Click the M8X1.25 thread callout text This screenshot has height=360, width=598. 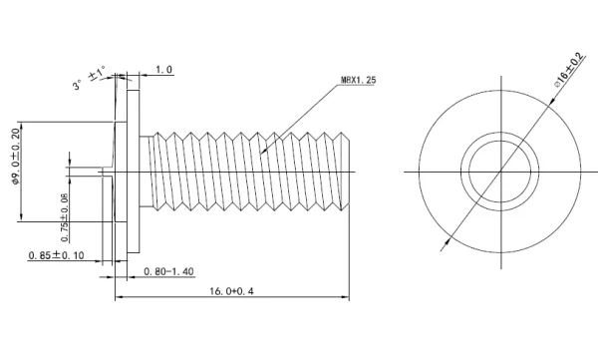point(358,80)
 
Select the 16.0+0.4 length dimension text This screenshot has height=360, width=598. point(231,291)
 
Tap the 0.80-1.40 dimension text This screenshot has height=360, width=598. point(169,271)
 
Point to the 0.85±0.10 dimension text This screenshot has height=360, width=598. point(57,255)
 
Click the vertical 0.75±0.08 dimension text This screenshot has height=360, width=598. point(65,217)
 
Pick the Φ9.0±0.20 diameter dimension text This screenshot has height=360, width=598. point(15,157)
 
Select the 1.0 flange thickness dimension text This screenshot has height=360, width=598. point(164,70)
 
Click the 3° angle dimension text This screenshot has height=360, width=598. point(78,85)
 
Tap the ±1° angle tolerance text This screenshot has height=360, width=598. point(98,73)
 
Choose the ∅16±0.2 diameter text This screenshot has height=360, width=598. point(570,69)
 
